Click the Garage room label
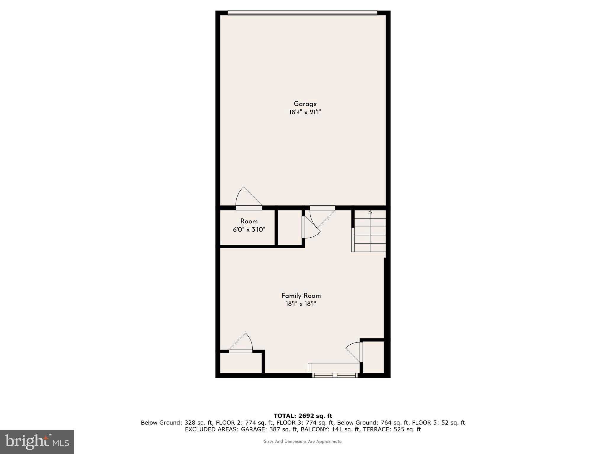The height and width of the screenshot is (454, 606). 305,104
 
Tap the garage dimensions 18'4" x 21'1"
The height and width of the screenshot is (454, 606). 305,112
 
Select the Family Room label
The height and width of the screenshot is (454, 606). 301,296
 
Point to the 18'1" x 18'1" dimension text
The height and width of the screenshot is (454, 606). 301,304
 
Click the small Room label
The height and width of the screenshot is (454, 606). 249,221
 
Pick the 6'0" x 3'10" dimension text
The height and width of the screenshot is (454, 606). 249,229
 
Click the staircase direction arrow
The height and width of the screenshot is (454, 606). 370,212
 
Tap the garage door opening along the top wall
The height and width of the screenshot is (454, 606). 302,13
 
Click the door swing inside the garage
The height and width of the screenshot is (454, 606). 247,197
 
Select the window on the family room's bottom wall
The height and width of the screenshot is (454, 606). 335,375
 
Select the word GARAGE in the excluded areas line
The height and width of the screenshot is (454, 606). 252,429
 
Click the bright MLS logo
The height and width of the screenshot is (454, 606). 37,441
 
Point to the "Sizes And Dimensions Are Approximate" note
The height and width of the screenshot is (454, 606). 303,442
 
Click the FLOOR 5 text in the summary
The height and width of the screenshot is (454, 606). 423,423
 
